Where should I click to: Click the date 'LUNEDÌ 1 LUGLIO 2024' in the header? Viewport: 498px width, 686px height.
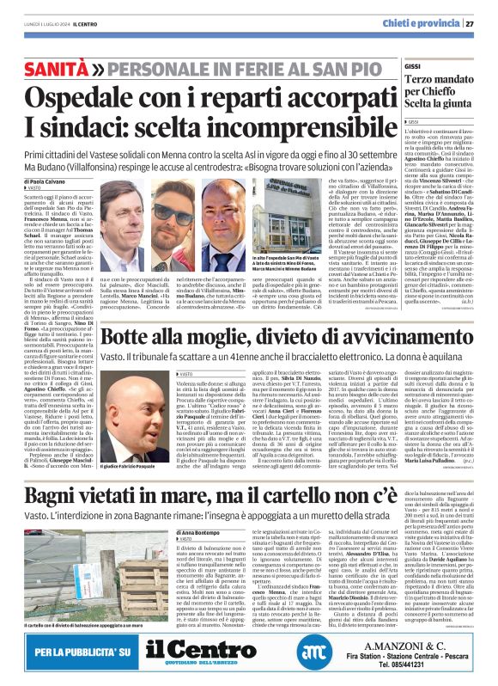[x=46, y=24]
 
